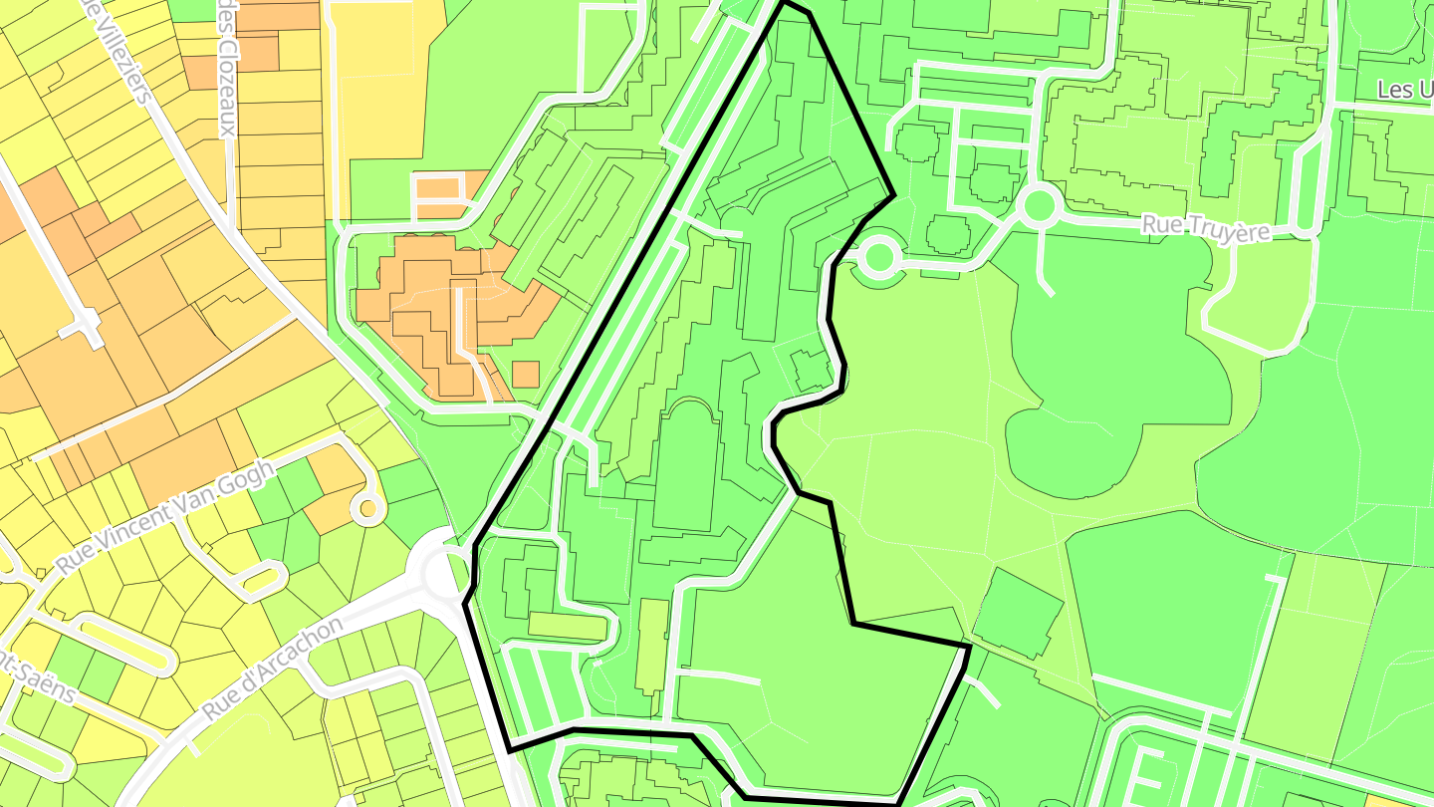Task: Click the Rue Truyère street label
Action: (1206, 228)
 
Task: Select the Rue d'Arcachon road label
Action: (271, 670)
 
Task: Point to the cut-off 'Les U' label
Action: (1404, 91)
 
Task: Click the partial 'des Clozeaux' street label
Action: (227, 70)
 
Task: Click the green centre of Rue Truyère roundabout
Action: (1039, 206)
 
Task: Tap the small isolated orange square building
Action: (526, 375)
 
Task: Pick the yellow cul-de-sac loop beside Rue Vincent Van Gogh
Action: (368, 508)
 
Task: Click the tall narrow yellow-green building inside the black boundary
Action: (652, 645)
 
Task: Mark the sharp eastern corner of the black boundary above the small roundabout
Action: (893, 195)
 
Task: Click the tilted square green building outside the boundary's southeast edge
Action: (1017, 611)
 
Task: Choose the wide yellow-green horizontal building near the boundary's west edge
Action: (567, 626)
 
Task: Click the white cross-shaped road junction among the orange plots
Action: (89, 324)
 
